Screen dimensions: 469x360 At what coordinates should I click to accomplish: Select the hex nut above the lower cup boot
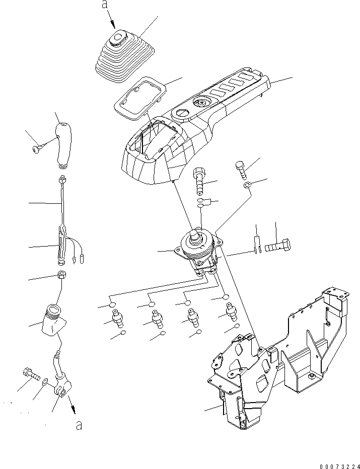61,276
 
